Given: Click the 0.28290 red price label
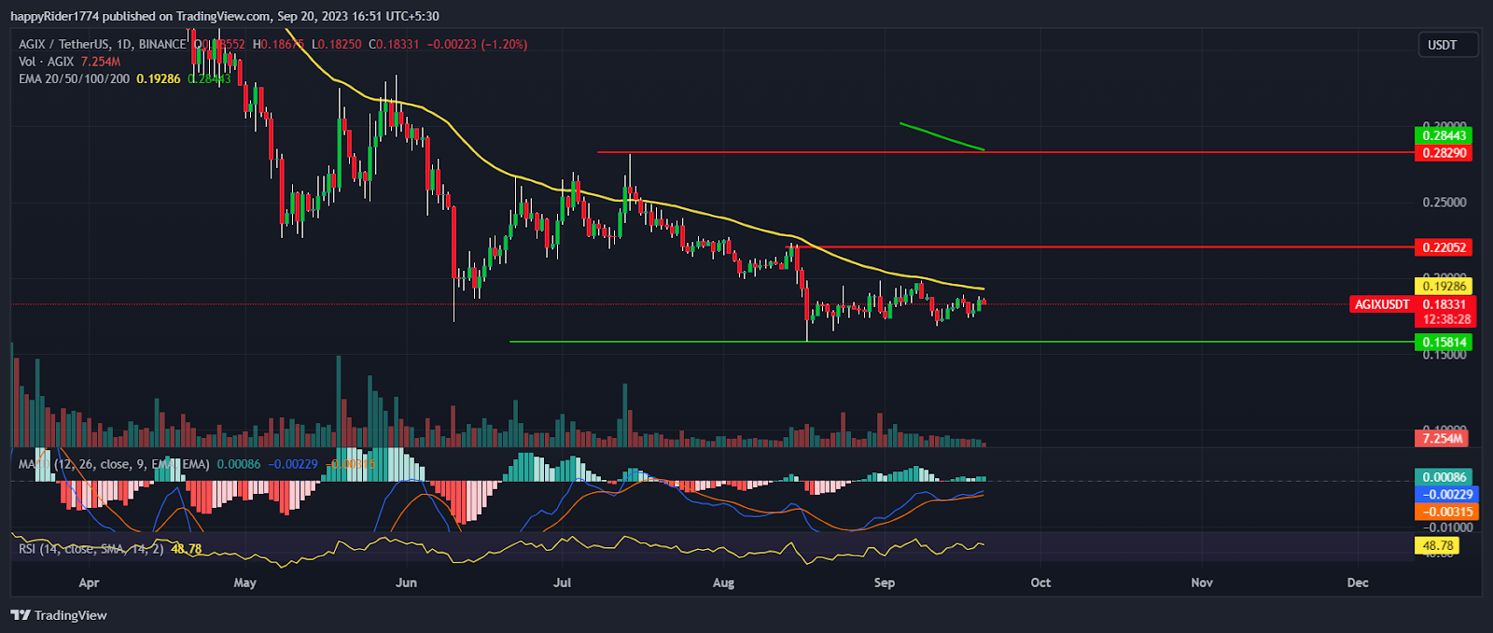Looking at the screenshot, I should coord(1443,152).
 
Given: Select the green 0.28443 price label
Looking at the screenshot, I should coord(1443,135).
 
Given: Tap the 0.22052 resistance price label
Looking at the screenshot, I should coord(1443,247).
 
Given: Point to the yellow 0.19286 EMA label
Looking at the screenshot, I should coord(1443,286).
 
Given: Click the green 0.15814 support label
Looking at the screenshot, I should coord(1443,342).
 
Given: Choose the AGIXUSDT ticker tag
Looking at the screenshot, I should coord(1382,304).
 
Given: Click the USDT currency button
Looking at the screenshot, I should coord(1442,45).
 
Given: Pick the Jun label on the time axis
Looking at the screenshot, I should coord(406,583).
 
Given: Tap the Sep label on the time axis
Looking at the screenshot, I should coord(884,583).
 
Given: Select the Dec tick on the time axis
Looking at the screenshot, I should coord(1358,583).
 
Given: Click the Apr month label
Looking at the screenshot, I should coord(89,583).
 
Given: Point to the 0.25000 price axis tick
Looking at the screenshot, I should coord(1443,202).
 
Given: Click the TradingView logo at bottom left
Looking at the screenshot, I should coord(59,615).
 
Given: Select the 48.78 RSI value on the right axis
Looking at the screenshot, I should coord(1438,545).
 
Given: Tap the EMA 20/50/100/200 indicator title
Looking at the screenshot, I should coord(75,78).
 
